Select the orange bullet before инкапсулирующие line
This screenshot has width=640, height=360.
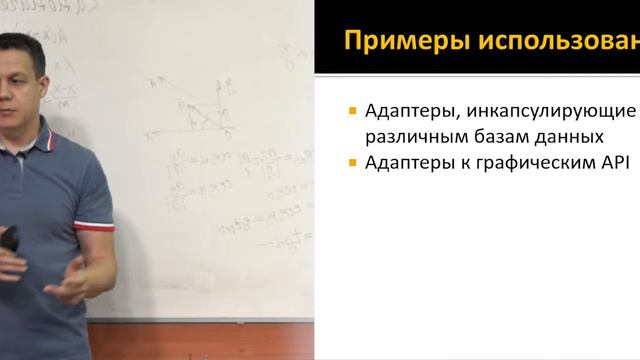353,110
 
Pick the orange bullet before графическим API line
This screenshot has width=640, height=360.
353,162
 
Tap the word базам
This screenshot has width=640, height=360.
504,136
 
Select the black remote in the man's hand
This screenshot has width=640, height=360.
10,239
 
